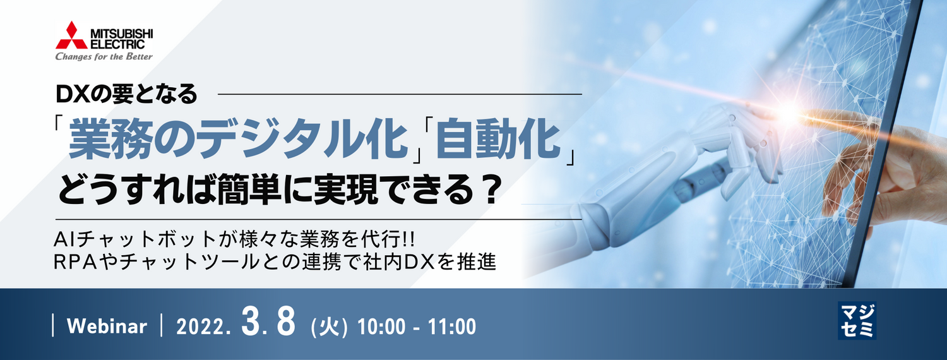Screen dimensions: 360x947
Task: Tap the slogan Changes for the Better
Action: coord(104,57)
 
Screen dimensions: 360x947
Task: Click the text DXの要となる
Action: coord(127,95)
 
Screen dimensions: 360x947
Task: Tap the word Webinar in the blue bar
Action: coord(107,327)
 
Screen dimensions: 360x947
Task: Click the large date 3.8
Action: coord(268,323)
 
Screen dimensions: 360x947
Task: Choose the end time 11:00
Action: coord(452,327)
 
